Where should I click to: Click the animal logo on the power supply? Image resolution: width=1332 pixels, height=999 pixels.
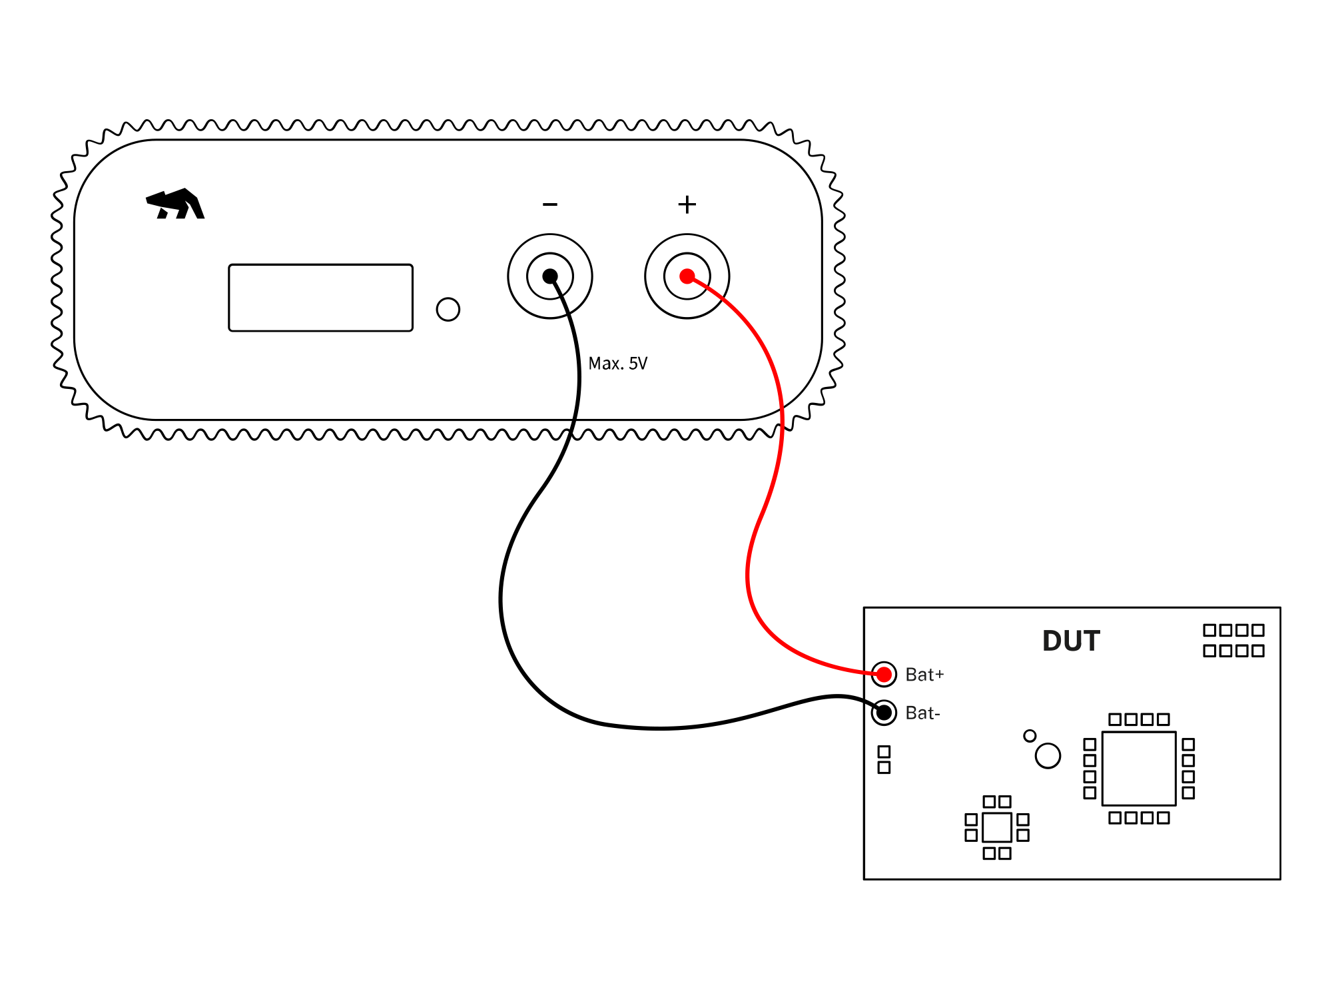(x=175, y=204)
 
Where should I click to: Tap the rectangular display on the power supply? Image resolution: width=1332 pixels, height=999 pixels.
(x=320, y=298)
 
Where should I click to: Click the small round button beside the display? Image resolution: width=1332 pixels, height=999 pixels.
(x=448, y=309)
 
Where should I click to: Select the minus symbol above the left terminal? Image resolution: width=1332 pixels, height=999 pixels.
(x=549, y=204)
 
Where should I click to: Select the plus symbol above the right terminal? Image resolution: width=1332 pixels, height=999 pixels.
(x=687, y=204)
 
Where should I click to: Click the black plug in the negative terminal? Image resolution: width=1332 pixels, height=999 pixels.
(x=549, y=276)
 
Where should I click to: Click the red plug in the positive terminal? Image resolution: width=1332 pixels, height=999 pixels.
(x=687, y=276)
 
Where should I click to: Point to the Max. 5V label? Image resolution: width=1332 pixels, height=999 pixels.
(x=617, y=364)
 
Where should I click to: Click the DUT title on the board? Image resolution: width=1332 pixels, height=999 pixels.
(x=1070, y=641)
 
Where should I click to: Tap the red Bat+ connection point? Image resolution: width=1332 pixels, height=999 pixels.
(x=884, y=675)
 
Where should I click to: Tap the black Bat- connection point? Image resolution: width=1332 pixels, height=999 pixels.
(x=884, y=713)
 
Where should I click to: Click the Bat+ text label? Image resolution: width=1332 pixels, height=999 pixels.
(x=924, y=675)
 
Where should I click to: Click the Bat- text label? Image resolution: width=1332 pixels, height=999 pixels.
(x=922, y=713)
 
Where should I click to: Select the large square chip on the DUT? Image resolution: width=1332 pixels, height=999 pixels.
(x=1138, y=769)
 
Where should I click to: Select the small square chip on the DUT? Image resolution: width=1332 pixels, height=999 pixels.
(x=996, y=827)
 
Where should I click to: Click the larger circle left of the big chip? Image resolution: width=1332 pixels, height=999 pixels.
(x=1048, y=756)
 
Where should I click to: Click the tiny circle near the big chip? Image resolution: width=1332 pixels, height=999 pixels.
(x=1030, y=736)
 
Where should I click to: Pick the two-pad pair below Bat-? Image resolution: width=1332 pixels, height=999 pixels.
(x=884, y=759)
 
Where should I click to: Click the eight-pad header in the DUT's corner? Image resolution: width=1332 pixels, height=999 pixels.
(x=1233, y=640)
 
